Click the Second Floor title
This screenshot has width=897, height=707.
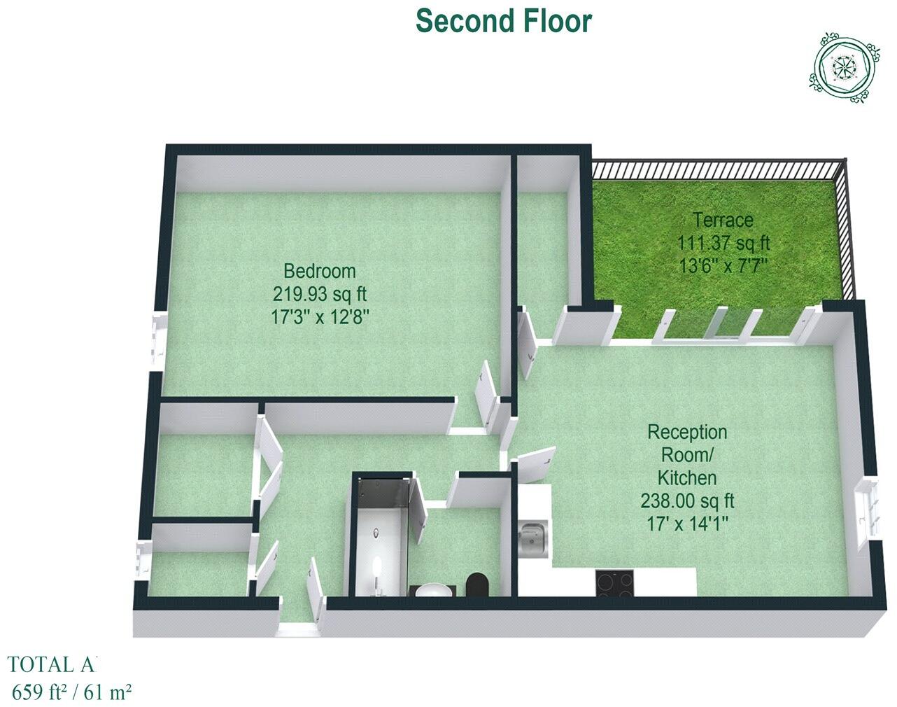coord(504,21)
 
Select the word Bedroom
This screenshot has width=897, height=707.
coord(319,270)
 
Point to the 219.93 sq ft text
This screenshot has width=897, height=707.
coord(319,293)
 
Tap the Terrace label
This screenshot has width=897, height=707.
coord(723,220)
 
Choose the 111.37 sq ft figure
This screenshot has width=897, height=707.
coord(723,243)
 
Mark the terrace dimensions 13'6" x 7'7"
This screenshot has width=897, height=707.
coord(723,266)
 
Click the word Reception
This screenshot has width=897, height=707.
coord(687,431)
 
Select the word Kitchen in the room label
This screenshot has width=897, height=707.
coord(687,478)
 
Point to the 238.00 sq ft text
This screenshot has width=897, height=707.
coord(687,501)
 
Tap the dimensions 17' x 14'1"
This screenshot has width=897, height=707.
coord(687,524)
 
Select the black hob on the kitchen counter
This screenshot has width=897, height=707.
coord(615,582)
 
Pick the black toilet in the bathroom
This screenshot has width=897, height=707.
coord(478,584)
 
